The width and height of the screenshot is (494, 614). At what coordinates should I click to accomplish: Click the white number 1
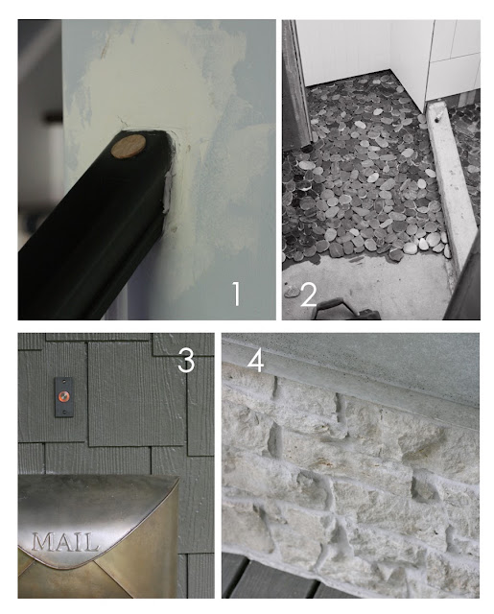pos(236,295)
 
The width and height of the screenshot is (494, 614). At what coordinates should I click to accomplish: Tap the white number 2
pos(309,295)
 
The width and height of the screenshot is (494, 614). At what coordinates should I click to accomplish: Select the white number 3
pos(186,361)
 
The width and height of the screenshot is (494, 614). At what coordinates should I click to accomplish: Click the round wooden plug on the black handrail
pos(128,147)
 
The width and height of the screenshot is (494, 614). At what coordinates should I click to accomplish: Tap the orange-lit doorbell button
pos(64,397)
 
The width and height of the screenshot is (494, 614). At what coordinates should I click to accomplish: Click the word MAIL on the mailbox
pos(64,542)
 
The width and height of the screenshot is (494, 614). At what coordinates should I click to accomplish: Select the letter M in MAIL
pos(41,542)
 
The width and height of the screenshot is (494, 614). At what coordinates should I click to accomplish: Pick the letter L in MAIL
pos(90,543)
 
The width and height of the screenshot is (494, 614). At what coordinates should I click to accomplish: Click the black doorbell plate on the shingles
pos(64,397)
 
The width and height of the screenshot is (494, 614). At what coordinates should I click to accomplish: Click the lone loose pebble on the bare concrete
pos(292,292)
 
